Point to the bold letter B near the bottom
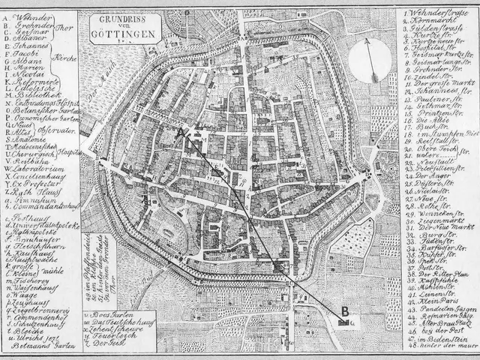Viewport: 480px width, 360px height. pyautogui.click(x=344, y=311)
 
